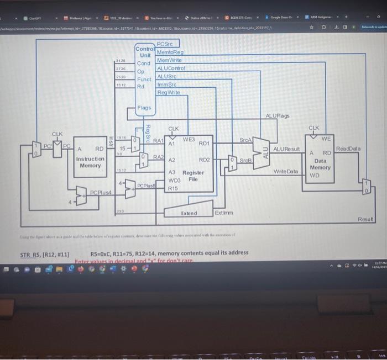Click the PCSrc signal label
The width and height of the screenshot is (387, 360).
click(165, 44)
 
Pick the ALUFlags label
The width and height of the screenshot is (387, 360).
click(278, 116)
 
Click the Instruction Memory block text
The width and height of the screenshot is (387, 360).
click(91, 162)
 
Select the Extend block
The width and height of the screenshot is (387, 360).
click(189, 213)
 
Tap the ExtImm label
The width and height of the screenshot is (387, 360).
click(224, 213)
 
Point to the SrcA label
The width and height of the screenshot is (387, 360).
click(246, 141)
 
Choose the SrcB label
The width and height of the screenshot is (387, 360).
click(246, 161)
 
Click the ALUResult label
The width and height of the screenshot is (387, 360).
click(286, 150)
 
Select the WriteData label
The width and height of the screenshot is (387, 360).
click(286, 172)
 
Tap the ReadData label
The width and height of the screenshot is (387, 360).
click(348, 149)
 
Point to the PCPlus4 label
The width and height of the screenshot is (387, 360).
click(101, 192)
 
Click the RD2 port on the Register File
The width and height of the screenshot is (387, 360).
click(204, 160)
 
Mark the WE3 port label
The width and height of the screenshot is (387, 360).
click(189, 140)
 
